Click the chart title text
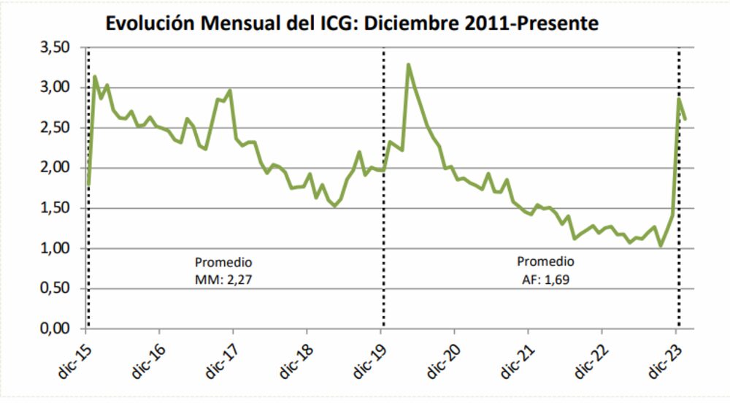(x=353, y=23)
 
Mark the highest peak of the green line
(x=409, y=65)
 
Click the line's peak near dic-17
(x=230, y=91)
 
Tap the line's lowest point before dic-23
(x=661, y=246)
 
